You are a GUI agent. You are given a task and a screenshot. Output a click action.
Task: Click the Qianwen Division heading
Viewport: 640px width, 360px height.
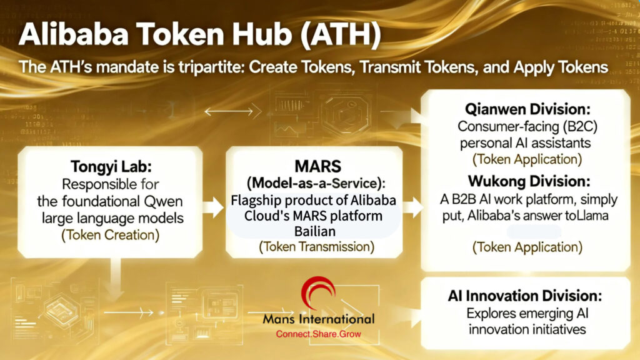tap(525, 109)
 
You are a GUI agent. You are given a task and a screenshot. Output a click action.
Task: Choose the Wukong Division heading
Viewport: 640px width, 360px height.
tap(525, 183)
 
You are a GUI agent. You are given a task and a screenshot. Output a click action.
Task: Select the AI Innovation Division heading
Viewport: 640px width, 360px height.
tap(525, 295)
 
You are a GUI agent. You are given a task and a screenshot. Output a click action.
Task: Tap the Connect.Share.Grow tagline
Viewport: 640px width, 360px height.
tap(319, 334)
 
